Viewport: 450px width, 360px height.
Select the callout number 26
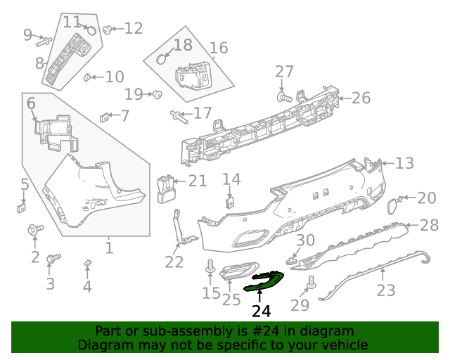pos(361,98)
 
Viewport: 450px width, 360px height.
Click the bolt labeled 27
pos(283,96)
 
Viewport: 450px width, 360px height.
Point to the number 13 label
pos(404,163)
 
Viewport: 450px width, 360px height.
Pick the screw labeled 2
pos(34,229)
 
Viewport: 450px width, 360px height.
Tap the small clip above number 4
pos(87,263)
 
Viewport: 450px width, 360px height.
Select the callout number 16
pos(219,48)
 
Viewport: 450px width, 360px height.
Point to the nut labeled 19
pos(157,94)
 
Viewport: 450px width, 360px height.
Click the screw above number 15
pos(210,267)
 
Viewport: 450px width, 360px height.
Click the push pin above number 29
pos(311,283)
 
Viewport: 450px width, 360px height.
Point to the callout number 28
pos(429,225)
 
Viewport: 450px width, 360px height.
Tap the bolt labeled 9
pos(41,40)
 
